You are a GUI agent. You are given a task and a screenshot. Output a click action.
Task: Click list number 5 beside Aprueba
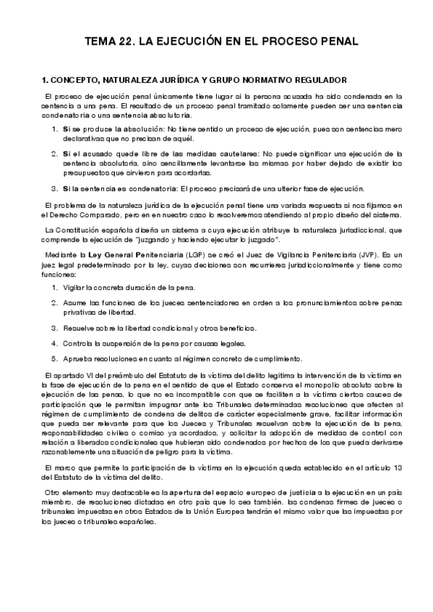[x=54, y=359]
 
